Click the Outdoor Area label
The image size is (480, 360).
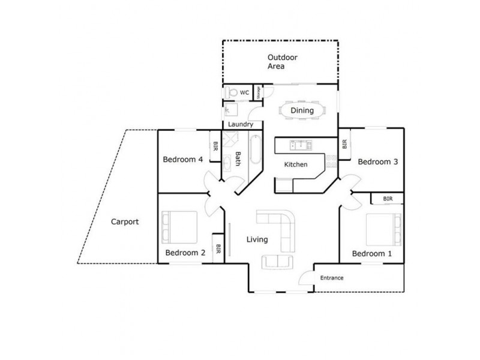283,62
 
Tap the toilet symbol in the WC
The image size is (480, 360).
232,93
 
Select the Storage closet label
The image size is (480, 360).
259,92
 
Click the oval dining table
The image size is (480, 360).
302,111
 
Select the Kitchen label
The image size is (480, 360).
295,164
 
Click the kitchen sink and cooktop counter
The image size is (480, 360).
300,145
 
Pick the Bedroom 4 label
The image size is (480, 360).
182,160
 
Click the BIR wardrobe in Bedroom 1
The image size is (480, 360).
387,199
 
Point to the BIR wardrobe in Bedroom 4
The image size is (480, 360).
215,146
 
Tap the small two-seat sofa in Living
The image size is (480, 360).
278,262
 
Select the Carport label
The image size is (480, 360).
125,221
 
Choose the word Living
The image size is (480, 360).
257,240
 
